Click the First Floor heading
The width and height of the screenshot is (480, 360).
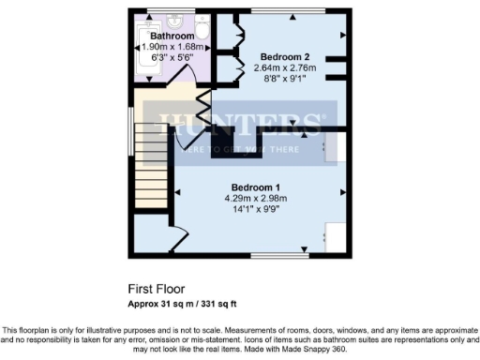158,289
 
